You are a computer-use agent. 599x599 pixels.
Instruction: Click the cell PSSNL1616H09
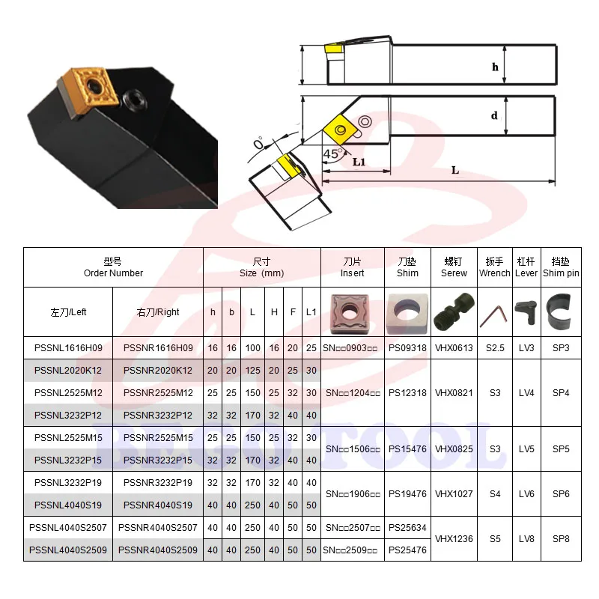tap(68, 348)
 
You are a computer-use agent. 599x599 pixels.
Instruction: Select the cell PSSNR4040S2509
tap(158, 550)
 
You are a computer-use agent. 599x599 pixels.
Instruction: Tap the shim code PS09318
tap(407, 348)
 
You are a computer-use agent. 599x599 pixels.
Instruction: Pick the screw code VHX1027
tap(454, 494)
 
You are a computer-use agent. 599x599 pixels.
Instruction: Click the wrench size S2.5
tap(495, 348)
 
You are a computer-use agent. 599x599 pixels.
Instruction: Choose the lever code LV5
tap(526, 449)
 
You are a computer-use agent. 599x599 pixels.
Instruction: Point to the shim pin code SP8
tap(561, 539)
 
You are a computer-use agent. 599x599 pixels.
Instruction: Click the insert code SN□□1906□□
tap(353, 494)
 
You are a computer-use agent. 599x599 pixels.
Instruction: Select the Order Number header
tap(114, 273)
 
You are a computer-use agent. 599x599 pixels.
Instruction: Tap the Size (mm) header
tap(261, 273)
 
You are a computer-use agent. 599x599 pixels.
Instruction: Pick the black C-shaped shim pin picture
tap(559, 311)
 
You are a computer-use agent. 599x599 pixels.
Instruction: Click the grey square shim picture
tap(407, 314)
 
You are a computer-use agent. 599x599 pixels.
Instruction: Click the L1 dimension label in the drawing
tap(359, 162)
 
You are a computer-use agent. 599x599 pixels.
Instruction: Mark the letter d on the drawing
tap(494, 115)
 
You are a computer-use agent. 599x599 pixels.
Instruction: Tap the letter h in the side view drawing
tap(495, 67)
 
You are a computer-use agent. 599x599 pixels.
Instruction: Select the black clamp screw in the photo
tap(135, 100)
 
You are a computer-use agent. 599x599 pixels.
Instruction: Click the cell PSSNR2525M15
tap(158, 438)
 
